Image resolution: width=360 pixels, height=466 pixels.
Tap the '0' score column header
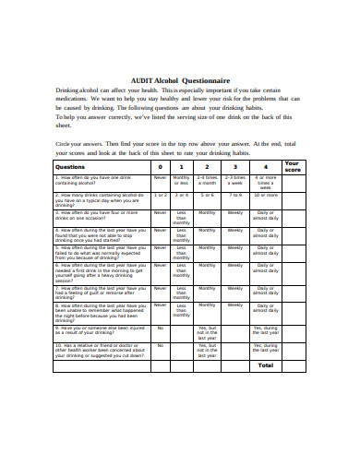[160, 166]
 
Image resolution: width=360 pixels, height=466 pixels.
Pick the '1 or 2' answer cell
[160, 196]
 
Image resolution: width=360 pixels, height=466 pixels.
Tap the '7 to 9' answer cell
[235, 196]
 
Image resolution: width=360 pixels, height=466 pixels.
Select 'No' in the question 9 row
[160, 327]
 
